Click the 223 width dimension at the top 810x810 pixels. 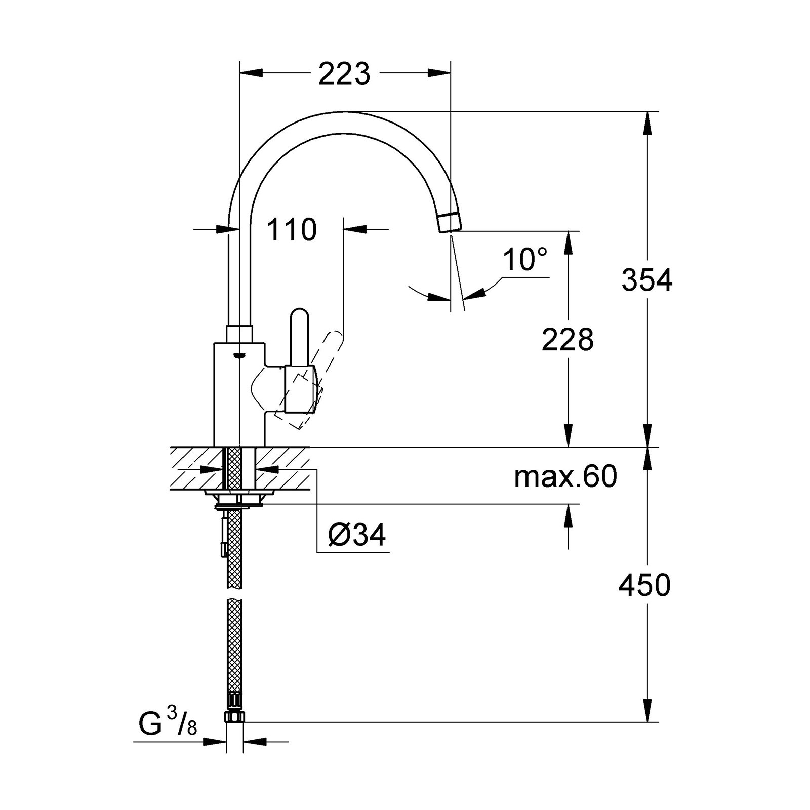coord(344,74)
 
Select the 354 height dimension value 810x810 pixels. coord(647,279)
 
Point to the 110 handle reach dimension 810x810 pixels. coord(292,230)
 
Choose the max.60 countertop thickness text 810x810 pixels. coord(565,476)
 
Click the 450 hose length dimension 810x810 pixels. coord(644,585)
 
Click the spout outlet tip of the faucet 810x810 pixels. coord(450,223)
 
